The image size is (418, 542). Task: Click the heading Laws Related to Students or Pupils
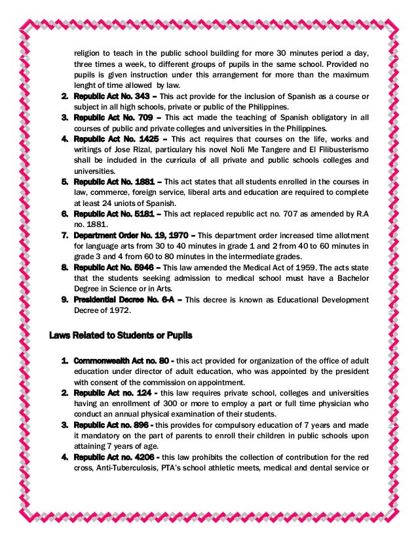point(121,336)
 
